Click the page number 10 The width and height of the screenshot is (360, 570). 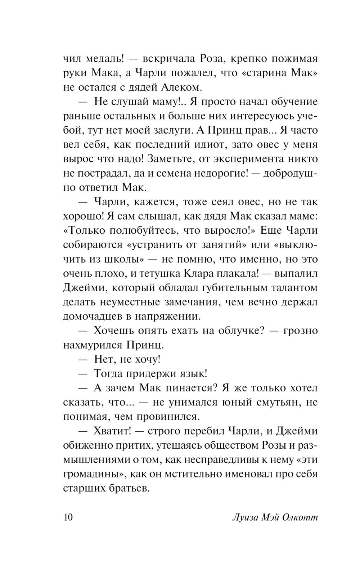click(x=68, y=517)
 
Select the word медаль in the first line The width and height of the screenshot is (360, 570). click(x=103, y=59)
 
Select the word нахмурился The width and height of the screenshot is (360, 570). click(x=92, y=345)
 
